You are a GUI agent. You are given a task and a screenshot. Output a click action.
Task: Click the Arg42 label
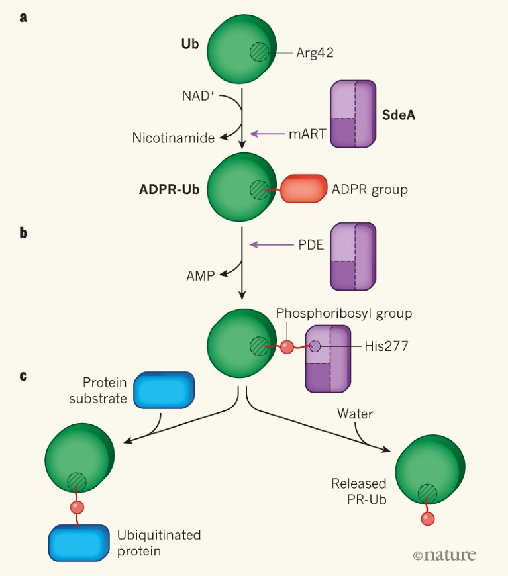tap(315, 53)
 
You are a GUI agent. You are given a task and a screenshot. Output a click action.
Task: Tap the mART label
tap(307, 134)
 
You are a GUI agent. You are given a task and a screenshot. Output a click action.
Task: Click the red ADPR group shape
tap(305, 189)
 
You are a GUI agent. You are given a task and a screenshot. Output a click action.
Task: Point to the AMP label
tap(200, 276)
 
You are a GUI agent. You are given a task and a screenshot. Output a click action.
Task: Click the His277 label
tap(386, 346)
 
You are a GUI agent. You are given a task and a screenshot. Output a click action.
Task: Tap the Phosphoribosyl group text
tap(344, 313)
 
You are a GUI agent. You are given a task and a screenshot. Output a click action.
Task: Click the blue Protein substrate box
tap(164, 390)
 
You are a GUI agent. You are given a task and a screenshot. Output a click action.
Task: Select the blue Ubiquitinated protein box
tap(78, 543)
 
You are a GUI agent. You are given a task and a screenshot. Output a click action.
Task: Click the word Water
tap(355, 414)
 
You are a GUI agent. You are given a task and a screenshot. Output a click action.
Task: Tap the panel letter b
tap(24, 232)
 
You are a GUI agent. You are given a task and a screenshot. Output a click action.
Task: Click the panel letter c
tap(24, 375)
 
